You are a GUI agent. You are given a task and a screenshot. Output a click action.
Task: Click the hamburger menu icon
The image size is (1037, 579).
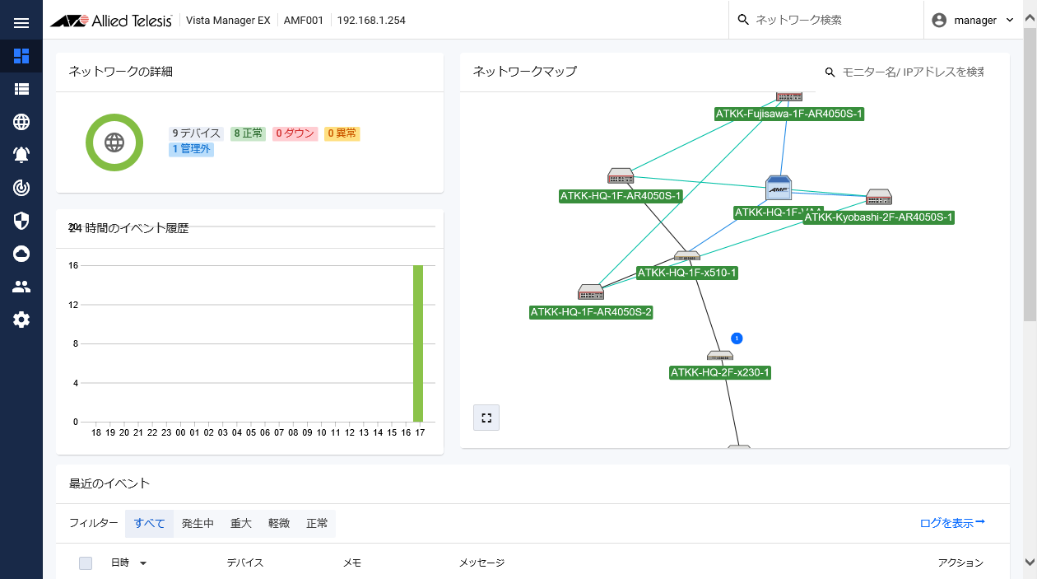pyautogui.click(x=21, y=22)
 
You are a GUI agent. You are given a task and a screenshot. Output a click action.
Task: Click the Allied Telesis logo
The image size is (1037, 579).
pyautogui.click(x=110, y=21)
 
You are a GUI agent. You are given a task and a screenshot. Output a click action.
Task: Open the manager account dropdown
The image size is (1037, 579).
pyautogui.click(x=973, y=21)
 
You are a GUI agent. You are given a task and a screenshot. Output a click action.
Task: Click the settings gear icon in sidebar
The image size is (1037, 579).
pyautogui.click(x=21, y=320)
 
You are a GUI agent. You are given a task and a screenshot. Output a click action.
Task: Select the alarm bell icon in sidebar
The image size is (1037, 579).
pyautogui.click(x=21, y=155)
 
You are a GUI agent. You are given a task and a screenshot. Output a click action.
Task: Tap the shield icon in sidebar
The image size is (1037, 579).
pyautogui.click(x=21, y=221)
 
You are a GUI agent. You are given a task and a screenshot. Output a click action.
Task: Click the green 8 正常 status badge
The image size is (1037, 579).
pyautogui.click(x=248, y=133)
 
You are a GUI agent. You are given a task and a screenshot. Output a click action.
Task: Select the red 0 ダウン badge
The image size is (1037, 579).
pyautogui.click(x=295, y=133)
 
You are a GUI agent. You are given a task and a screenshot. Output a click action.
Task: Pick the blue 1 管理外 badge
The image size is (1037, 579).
pyautogui.click(x=191, y=149)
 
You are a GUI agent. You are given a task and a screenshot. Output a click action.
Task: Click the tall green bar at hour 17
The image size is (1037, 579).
pyautogui.click(x=418, y=343)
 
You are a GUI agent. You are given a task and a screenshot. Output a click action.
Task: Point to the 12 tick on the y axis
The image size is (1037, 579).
pyautogui.click(x=73, y=305)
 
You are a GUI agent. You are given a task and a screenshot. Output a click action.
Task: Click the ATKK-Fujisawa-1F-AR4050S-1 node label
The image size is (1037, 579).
pyautogui.click(x=789, y=114)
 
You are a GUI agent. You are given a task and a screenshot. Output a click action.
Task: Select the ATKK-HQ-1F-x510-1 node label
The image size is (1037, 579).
pyautogui.click(x=687, y=273)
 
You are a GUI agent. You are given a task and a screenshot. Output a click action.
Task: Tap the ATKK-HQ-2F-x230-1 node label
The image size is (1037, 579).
pyautogui.click(x=720, y=372)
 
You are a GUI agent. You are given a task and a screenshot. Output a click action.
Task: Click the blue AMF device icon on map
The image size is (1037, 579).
pyautogui.click(x=779, y=189)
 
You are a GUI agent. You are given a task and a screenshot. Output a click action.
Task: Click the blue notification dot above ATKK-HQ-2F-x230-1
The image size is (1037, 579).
pyautogui.click(x=737, y=339)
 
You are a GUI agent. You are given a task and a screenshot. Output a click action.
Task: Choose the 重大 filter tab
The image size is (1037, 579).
pyautogui.click(x=240, y=523)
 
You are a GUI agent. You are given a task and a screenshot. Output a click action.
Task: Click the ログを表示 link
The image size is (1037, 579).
pyautogui.click(x=952, y=523)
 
